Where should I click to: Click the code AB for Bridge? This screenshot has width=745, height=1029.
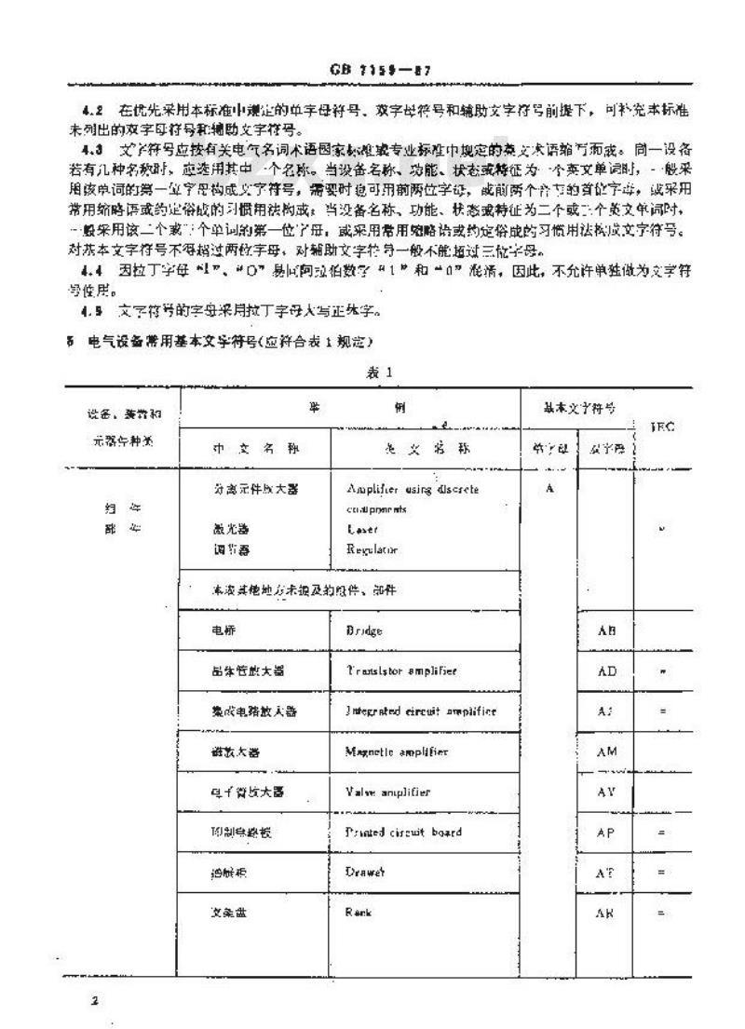tap(606, 630)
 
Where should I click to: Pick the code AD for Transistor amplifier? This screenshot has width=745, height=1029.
tap(606, 670)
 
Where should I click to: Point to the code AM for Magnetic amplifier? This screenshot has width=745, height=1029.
tap(606, 751)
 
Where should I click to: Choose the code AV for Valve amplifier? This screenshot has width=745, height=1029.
tap(606, 792)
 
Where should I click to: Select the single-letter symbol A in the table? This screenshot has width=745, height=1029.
tap(549, 490)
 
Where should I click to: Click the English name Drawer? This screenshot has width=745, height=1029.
tap(364, 873)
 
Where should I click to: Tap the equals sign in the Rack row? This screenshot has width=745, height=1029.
tap(659, 914)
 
